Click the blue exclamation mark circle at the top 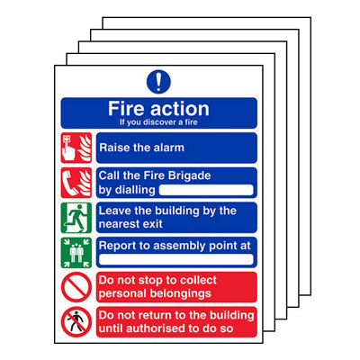pyautogui.click(x=158, y=81)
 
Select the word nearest pyautogui.click(x=123, y=223)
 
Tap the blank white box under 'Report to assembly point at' pyautogui.click(x=175, y=259)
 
